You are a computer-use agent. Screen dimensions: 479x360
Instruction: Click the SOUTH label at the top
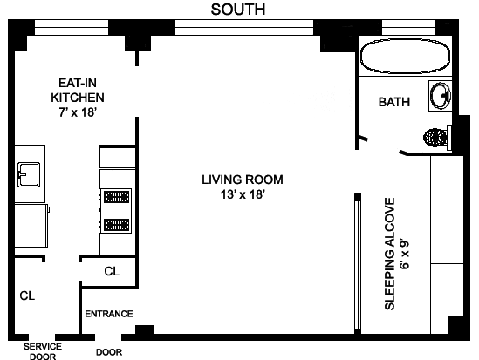coord(238,10)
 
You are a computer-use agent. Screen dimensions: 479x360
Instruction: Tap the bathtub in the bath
coord(405,57)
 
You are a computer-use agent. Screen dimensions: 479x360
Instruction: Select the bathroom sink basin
coord(441,96)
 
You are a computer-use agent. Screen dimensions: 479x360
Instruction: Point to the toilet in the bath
coord(437,138)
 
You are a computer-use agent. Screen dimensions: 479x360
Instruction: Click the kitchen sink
coord(29,174)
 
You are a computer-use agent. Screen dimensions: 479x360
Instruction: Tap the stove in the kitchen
coord(115,211)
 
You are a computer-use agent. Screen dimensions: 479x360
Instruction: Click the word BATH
coord(394,102)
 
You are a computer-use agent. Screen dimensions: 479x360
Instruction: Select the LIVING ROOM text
coord(243,180)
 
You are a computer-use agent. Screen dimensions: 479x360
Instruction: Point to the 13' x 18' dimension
coord(243,194)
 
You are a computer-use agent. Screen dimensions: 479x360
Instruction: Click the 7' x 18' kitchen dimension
coord(78,112)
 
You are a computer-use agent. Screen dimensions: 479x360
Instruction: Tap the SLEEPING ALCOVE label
coord(390,254)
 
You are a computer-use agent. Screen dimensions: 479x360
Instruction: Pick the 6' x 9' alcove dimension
coord(405,255)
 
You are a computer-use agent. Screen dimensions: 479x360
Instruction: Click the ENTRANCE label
coord(109,314)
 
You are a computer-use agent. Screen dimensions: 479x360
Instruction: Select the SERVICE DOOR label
coord(43,351)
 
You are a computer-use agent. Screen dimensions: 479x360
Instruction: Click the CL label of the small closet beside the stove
coord(112,271)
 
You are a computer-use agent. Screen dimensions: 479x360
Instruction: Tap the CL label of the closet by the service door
coord(27,295)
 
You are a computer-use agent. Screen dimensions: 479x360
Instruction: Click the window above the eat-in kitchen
coord(72,28)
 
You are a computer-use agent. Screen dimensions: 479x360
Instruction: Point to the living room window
coord(244,28)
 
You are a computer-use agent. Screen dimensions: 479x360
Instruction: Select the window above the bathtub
coord(408,28)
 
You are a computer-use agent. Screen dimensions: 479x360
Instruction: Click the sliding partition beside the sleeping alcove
coord(358,263)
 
